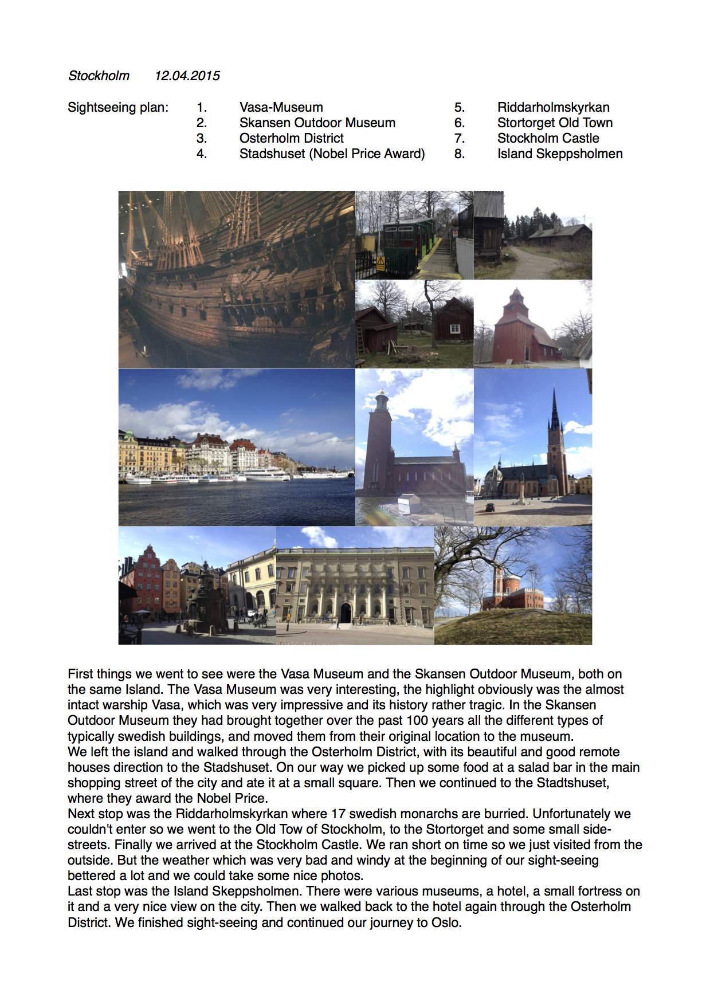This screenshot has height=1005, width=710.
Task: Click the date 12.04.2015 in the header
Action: [187, 76]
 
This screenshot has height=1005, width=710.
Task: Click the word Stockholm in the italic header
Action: [99, 76]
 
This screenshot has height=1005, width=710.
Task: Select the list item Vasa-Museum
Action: [281, 107]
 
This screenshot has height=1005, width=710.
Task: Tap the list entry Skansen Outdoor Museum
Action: [317, 123]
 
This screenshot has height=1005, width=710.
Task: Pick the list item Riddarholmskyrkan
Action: [553, 107]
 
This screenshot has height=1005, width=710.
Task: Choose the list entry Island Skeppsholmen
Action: [559, 154]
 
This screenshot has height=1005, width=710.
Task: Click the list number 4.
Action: [201, 154]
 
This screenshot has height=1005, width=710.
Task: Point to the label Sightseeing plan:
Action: [118, 107]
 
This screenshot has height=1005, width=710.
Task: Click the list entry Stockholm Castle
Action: [548, 138]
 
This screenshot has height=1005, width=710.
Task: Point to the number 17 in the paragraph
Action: [338, 814]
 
